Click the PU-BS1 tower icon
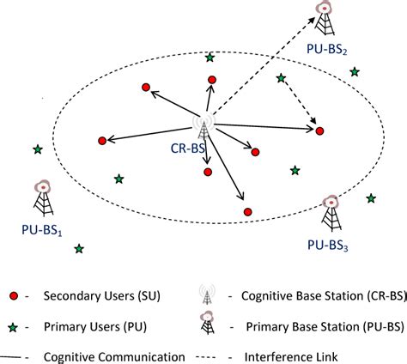[41, 197]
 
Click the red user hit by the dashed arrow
[319, 130]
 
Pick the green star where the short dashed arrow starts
[280, 79]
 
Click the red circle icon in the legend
[11, 297]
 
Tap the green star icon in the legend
[11, 326]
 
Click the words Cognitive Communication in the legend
[112, 355]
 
